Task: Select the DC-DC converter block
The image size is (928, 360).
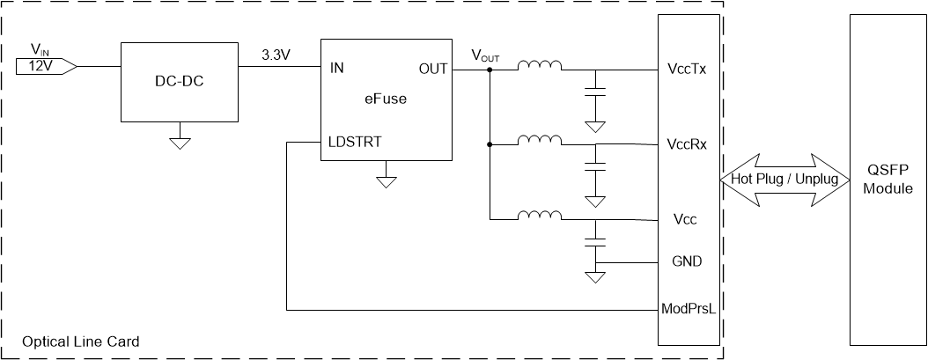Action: tap(180, 81)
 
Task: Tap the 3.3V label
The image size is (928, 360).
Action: tap(276, 55)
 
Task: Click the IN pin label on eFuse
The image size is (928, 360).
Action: tap(337, 68)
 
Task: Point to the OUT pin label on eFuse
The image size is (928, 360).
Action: tap(431, 68)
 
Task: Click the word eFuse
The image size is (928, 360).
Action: tap(386, 99)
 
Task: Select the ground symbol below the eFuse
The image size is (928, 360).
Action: tap(385, 181)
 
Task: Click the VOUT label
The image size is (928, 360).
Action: tap(485, 55)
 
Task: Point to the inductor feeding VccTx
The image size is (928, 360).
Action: tap(540, 66)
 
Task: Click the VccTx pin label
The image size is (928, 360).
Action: tap(687, 70)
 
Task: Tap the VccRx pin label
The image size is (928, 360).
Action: tap(688, 144)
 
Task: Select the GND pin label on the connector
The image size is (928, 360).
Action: tap(687, 262)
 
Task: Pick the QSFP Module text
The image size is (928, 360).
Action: tap(888, 180)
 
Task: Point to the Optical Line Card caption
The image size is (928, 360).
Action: tap(80, 341)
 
